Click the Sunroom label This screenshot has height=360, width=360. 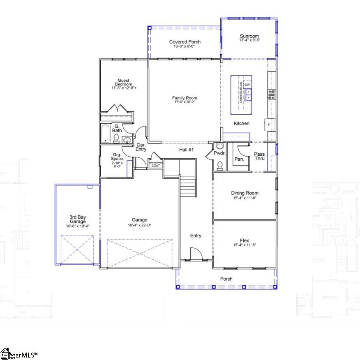pyautogui.click(x=249, y=36)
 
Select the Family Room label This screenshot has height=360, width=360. pyautogui.click(x=185, y=98)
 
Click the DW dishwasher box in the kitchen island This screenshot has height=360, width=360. pyautogui.click(x=247, y=85)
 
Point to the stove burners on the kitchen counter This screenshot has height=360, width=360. pyautogui.click(x=272, y=95)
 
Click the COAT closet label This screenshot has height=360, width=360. pyautogui.click(x=156, y=166)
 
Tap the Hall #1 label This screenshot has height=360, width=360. pyautogui.click(x=186, y=150)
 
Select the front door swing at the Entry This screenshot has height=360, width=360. pyautogui.click(x=196, y=253)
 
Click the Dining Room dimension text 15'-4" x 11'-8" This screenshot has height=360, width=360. pyautogui.click(x=245, y=198)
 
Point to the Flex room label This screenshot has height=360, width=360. pyautogui.click(x=245, y=240)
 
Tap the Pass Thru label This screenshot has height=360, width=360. pyautogui.click(x=259, y=157)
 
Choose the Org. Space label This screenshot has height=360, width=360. pyautogui.click(x=117, y=156)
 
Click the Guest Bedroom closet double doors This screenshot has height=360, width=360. pyautogui.click(x=118, y=109)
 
